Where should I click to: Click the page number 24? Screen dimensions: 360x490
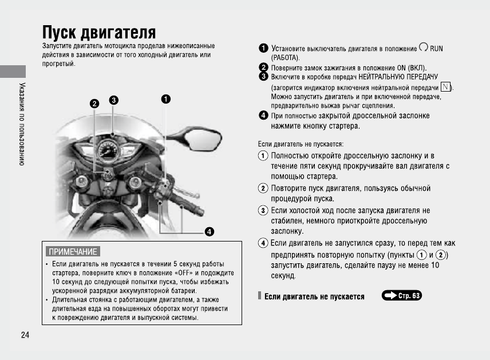pyautogui.click(x=25, y=335)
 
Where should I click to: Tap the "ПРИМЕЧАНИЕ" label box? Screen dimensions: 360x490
pyautogui.click(x=73, y=251)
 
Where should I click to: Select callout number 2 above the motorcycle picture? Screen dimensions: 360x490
pyautogui.click(x=94, y=104)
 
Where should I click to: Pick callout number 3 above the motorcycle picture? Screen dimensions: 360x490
pyautogui.click(x=114, y=100)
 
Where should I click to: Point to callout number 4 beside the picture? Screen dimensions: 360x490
pyautogui.click(x=210, y=231)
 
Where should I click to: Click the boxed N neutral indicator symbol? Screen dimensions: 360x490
pyautogui.click(x=445, y=86)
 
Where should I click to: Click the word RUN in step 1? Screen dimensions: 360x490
pyautogui.click(x=436, y=49)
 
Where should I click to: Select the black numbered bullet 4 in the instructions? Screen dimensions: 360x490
pyautogui.click(x=263, y=116)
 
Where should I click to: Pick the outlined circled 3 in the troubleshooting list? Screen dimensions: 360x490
pyautogui.click(x=263, y=211)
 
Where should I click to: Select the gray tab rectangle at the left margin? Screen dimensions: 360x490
pyautogui.click(x=13, y=72)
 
